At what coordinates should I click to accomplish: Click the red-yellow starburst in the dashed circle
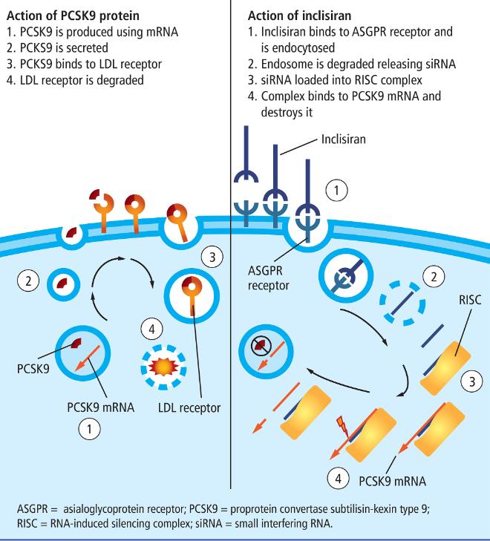161,367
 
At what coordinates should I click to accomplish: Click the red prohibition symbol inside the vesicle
258,344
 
